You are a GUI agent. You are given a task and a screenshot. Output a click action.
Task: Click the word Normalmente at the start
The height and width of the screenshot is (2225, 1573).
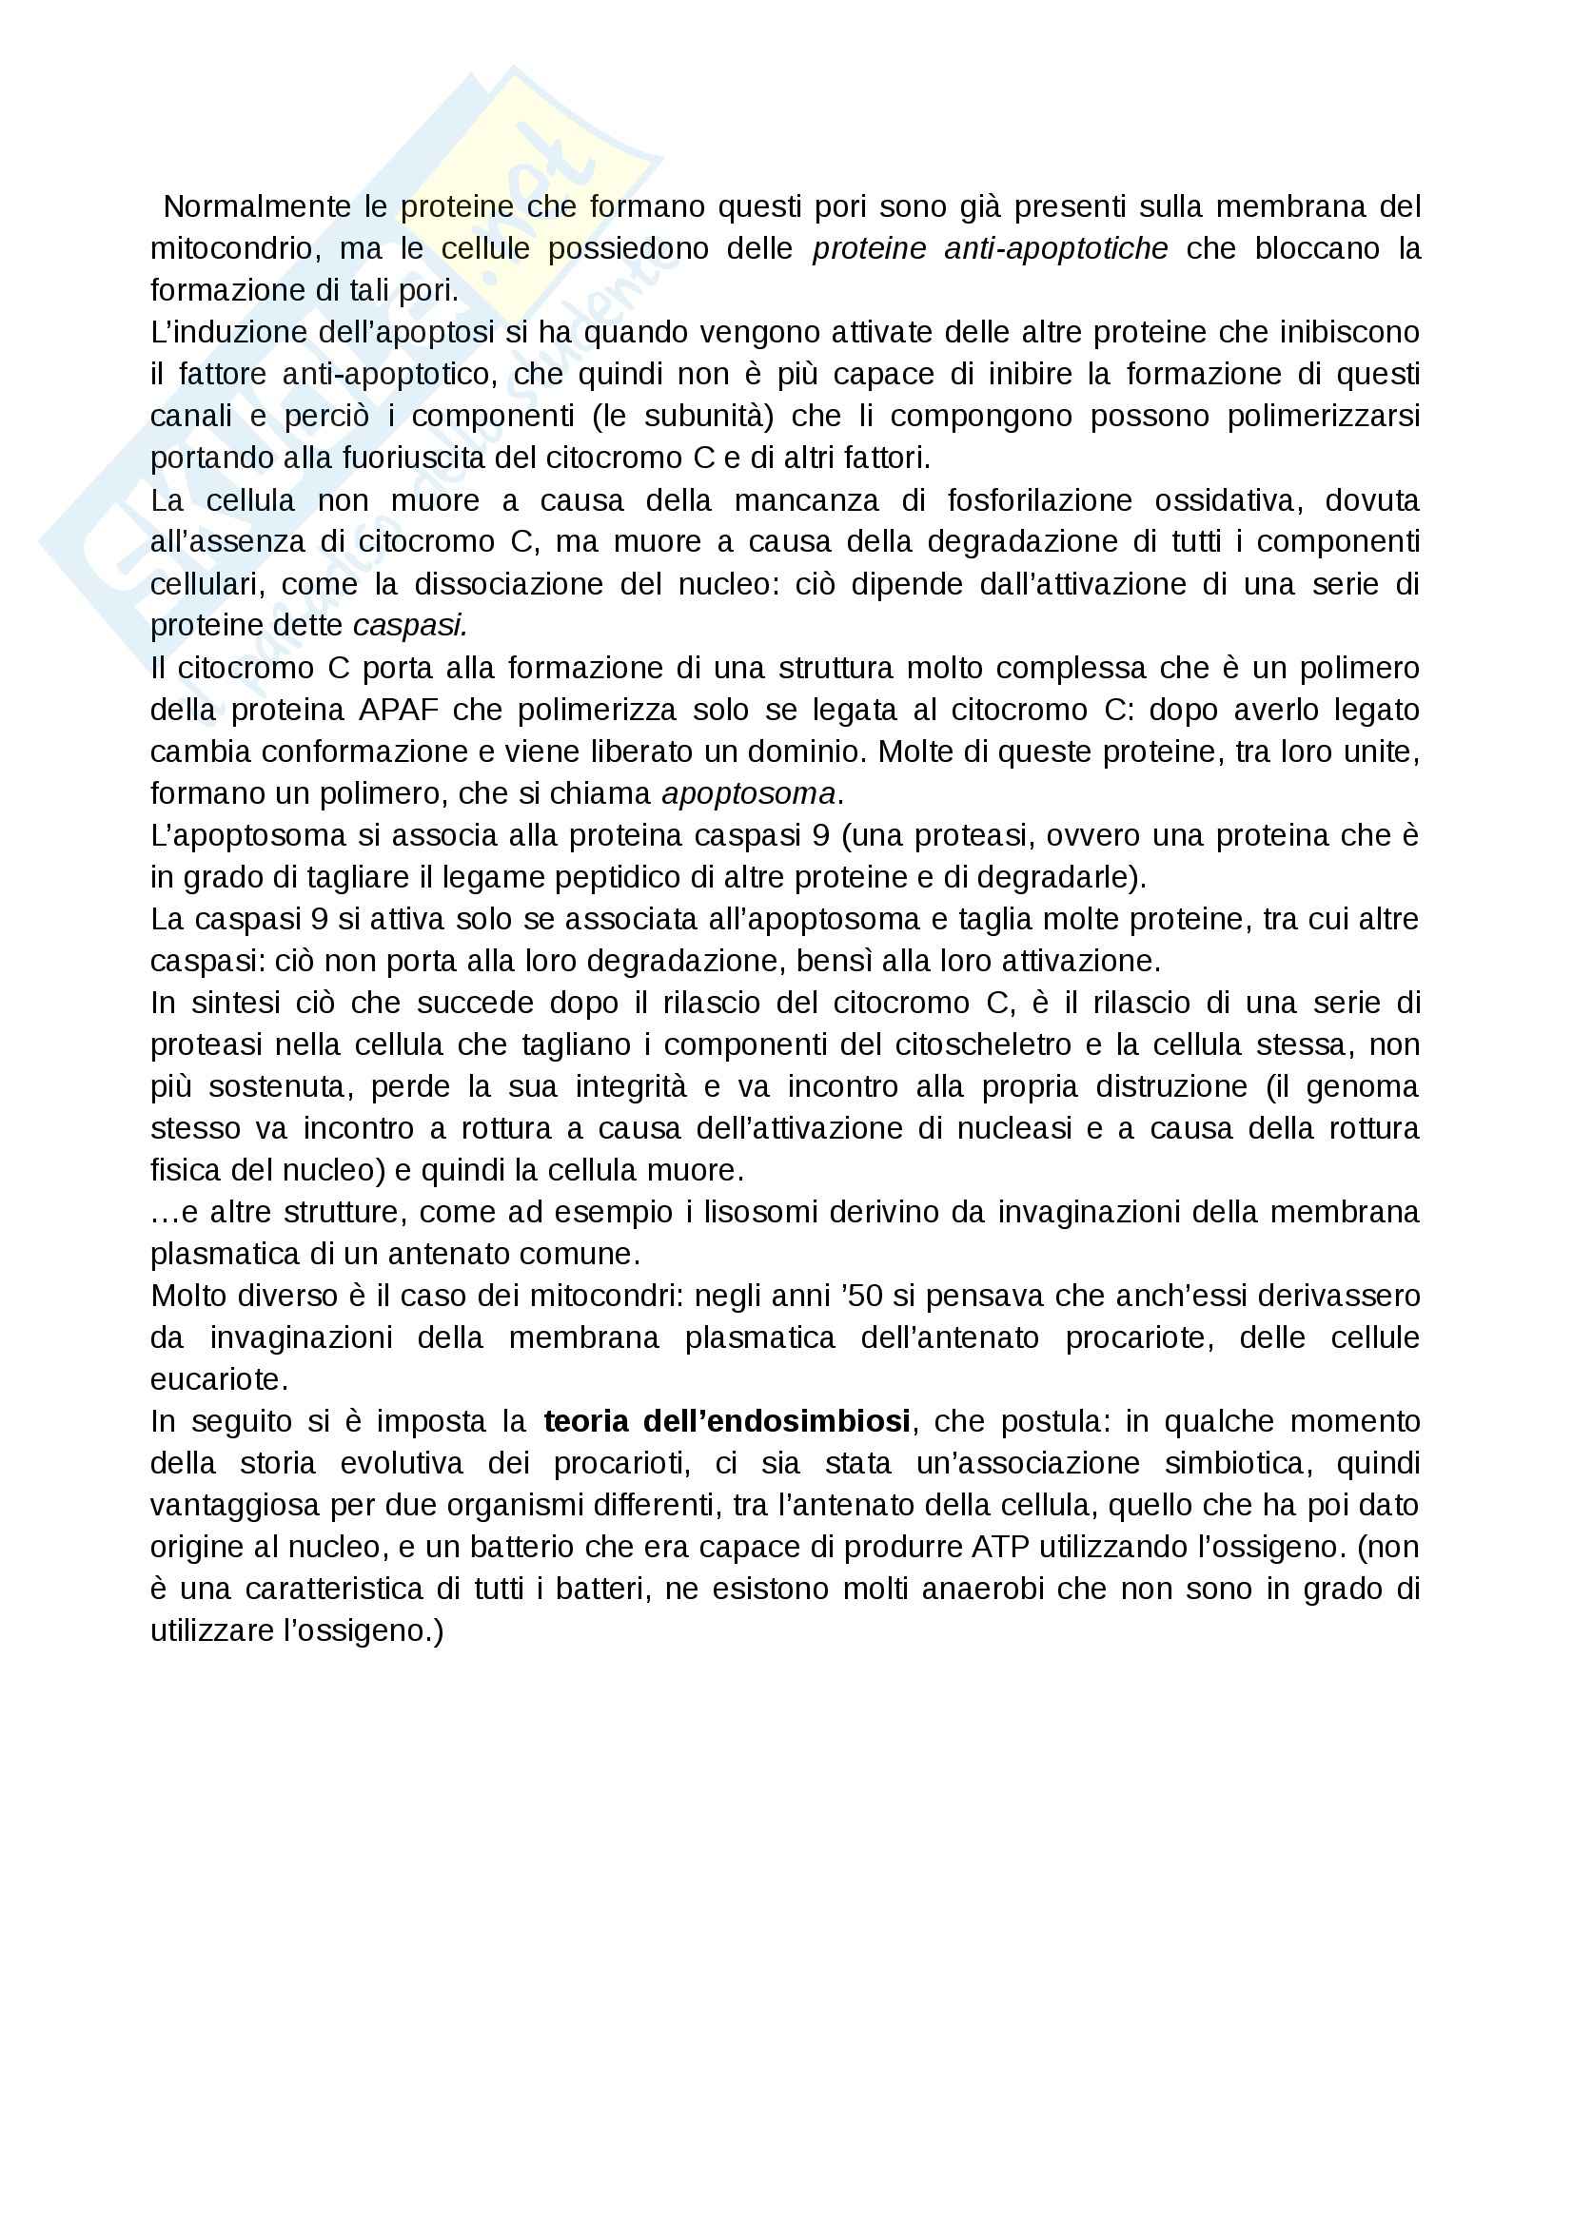[244, 206]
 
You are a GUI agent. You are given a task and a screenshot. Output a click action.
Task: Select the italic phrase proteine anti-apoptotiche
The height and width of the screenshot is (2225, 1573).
[990, 249]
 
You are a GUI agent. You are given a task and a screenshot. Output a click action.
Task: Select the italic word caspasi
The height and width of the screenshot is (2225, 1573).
[409, 626]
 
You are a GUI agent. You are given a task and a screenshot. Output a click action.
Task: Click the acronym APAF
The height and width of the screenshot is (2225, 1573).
[399, 710]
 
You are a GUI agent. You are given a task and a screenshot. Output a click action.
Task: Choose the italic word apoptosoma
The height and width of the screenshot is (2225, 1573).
[748, 793]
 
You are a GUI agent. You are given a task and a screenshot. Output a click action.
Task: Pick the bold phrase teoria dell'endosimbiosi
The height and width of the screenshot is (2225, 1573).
[727, 1421]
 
